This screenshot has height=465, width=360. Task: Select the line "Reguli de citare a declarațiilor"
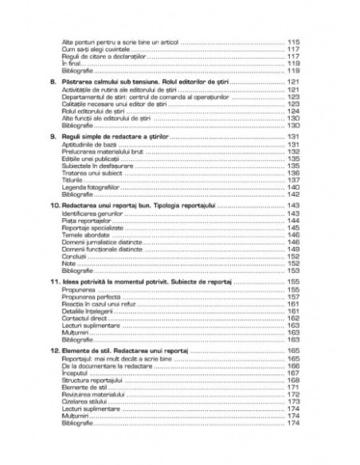coord(97,57)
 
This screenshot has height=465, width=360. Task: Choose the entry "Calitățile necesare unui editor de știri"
coord(111,104)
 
